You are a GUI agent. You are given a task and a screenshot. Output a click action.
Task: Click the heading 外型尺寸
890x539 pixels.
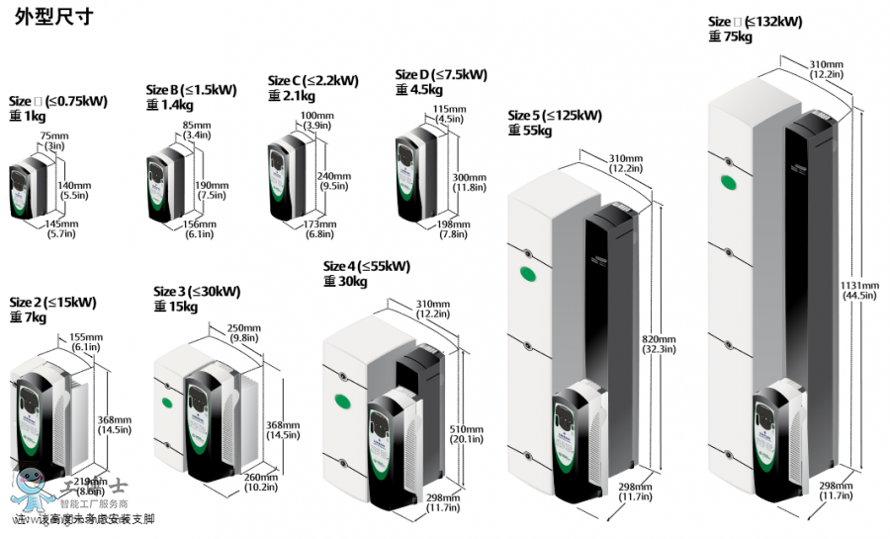pyautogui.click(x=53, y=19)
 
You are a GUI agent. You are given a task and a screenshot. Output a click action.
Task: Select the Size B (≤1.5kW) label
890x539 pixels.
pyautogui.click(x=191, y=90)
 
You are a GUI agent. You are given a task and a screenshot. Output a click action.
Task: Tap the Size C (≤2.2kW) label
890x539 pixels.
pyautogui.click(x=312, y=81)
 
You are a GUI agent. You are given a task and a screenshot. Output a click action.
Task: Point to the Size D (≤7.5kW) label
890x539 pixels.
pyautogui.click(x=440, y=75)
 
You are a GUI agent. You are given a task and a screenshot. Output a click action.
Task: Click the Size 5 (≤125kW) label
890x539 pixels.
pyautogui.click(x=554, y=116)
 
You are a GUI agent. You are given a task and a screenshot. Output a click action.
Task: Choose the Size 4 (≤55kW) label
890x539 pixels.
pyautogui.click(x=366, y=267)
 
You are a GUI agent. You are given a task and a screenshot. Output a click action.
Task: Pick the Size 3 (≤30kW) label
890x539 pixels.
pyautogui.click(x=197, y=292)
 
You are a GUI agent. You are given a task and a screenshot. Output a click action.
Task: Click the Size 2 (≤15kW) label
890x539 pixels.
pyautogui.click(x=52, y=303)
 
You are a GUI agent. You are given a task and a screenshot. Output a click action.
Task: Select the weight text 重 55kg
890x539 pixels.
pyautogui.click(x=530, y=131)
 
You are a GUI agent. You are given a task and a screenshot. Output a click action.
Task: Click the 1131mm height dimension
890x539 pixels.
pyautogui.click(x=856, y=287)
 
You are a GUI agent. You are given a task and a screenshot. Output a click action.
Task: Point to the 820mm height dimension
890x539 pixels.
pyautogui.click(x=661, y=338)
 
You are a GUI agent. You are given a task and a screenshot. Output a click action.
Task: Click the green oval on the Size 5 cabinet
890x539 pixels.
pyautogui.click(x=525, y=274)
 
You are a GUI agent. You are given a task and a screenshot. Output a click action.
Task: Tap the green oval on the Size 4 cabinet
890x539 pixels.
pyautogui.click(x=345, y=401)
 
